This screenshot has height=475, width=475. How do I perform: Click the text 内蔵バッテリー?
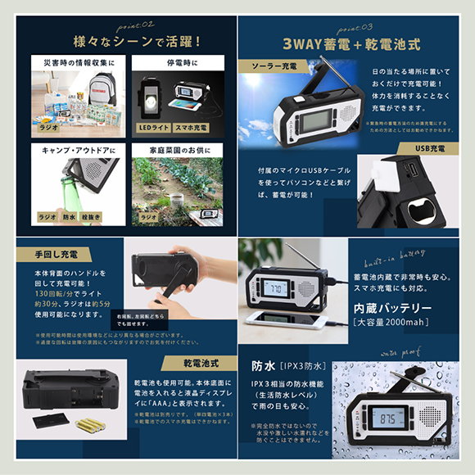click(x=392, y=308)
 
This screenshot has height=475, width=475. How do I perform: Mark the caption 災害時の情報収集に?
click(x=75, y=62)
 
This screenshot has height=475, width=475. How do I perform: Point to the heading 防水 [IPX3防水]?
click(x=292, y=363)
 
